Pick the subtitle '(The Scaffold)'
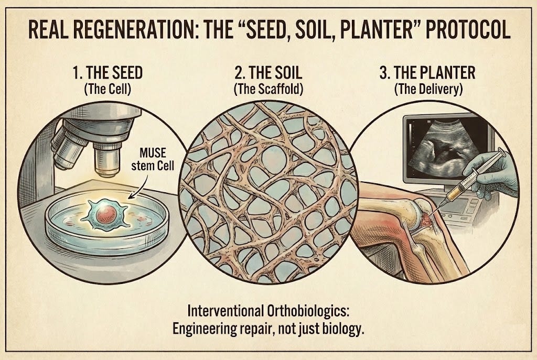[268, 90]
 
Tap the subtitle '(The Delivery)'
[428, 90]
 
